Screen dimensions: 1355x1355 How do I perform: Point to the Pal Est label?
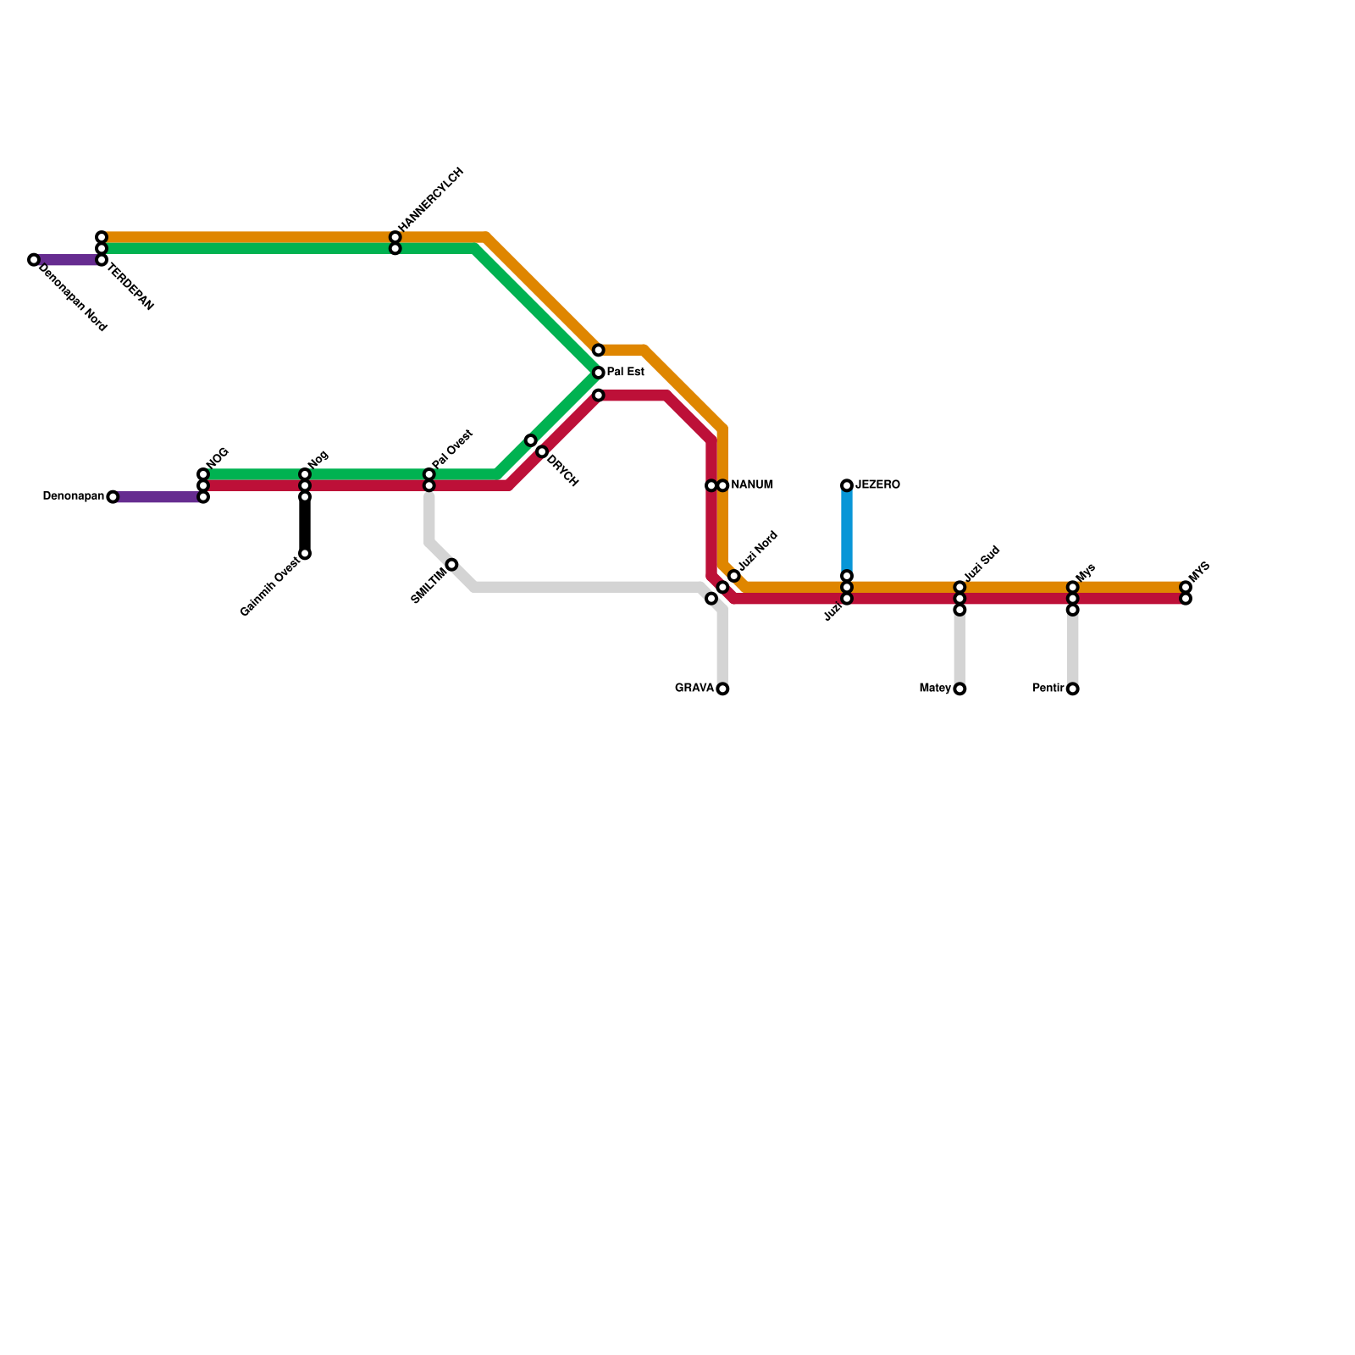point(626,373)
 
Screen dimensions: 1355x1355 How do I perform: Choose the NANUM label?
point(752,485)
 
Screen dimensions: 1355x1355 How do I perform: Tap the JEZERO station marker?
point(847,485)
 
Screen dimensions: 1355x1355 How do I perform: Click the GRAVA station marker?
point(722,689)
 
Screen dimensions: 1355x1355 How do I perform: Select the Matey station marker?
point(960,689)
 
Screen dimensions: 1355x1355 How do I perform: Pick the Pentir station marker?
point(1073,689)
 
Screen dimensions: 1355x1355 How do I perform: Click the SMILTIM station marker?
point(452,565)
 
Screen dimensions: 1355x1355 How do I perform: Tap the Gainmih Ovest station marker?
point(305,554)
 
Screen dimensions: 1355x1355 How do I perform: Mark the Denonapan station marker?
point(113,497)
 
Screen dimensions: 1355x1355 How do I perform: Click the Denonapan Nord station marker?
point(33,260)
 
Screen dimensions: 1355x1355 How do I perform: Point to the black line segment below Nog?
point(305,525)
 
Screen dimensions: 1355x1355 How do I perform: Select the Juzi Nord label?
point(757,551)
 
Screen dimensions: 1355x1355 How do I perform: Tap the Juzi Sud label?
point(982,565)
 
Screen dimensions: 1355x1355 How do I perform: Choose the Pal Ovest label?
point(452,449)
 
